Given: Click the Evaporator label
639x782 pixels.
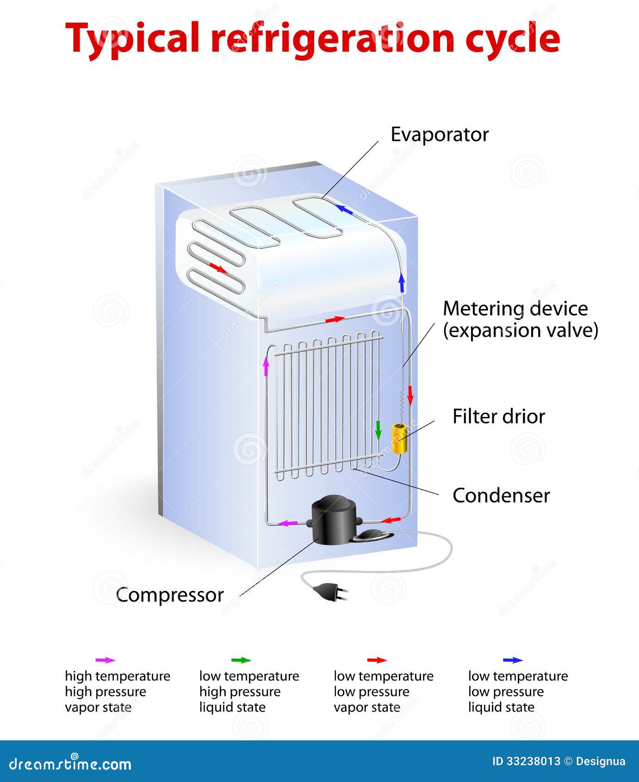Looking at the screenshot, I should click(440, 135).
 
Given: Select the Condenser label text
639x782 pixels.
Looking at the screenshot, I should click(501, 496).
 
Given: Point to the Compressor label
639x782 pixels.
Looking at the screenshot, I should click(170, 595).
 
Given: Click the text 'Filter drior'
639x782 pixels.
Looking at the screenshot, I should click(498, 416).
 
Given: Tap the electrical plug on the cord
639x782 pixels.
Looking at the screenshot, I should click(329, 591).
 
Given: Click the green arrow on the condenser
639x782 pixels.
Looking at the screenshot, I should click(378, 430).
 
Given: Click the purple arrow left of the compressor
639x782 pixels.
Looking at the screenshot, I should click(289, 523).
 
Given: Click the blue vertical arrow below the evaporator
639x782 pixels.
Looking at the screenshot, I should click(402, 282).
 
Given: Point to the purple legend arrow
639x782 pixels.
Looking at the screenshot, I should click(105, 660).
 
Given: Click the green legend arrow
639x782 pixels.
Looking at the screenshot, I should click(241, 660).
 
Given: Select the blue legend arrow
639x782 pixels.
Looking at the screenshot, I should click(513, 660).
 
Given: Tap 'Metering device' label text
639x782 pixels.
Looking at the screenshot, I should click(515, 309).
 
